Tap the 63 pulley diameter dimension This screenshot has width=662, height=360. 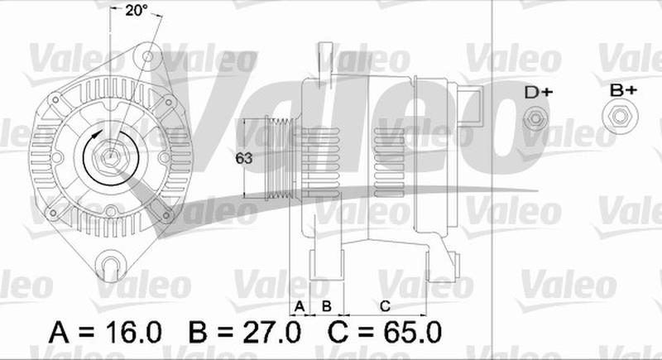pos(244,158)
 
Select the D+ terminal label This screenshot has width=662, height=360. pos(539,92)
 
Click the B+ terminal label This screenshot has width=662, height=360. pos(623,89)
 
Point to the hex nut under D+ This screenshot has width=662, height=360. pos(535,118)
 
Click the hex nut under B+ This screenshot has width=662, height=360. pos(620,117)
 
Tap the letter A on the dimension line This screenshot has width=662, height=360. pos(300,306)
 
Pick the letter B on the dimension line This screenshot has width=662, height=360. pos(326,306)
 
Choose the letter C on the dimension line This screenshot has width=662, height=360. pos(385,306)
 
